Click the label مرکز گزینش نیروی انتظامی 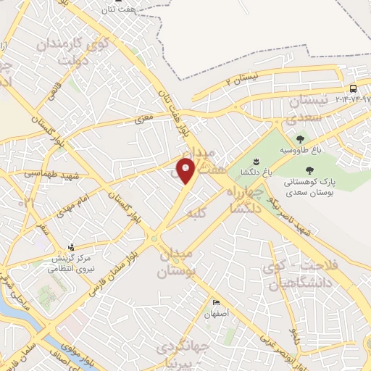pyautogui.click(x=71, y=263)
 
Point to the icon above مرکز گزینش pyautogui.click(x=71, y=246)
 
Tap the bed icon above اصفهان pyautogui.click(x=216, y=303)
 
